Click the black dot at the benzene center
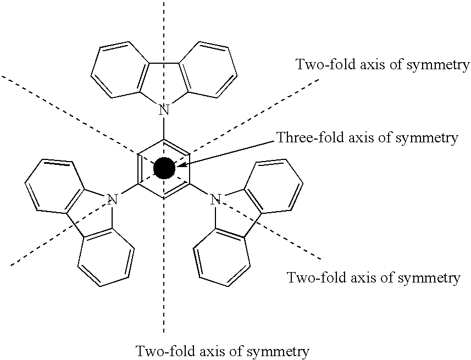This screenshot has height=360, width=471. pyautogui.click(x=163, y=168)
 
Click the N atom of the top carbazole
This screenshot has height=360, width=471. pyautogui.click(x=163, y=110)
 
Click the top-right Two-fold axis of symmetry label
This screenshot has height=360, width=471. pyautogui.click(x=383, y=65)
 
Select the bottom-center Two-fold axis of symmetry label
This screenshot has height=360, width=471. pyautogui.click(x=222, y=350)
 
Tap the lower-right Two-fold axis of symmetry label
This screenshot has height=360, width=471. pyautogui.click(x=374, y=278)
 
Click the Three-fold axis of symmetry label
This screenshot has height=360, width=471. pyautogui.click(x=367, y=137)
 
